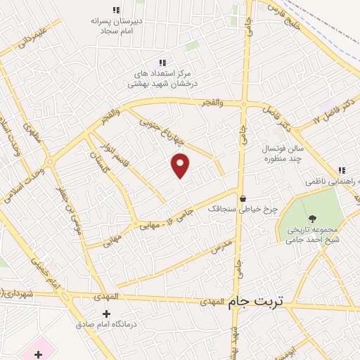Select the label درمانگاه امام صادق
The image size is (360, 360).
[105, 326]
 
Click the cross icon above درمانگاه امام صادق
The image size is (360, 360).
[106, 314]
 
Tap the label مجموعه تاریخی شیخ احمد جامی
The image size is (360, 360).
[312, 234]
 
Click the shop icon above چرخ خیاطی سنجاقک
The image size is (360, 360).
[243, 198]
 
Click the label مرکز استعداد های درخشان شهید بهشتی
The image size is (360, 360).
[164, 78]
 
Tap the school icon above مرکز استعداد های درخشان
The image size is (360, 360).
[164, 62]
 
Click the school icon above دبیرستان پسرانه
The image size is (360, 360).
[116, 10]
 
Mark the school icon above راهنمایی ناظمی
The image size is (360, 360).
[341, 169]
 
